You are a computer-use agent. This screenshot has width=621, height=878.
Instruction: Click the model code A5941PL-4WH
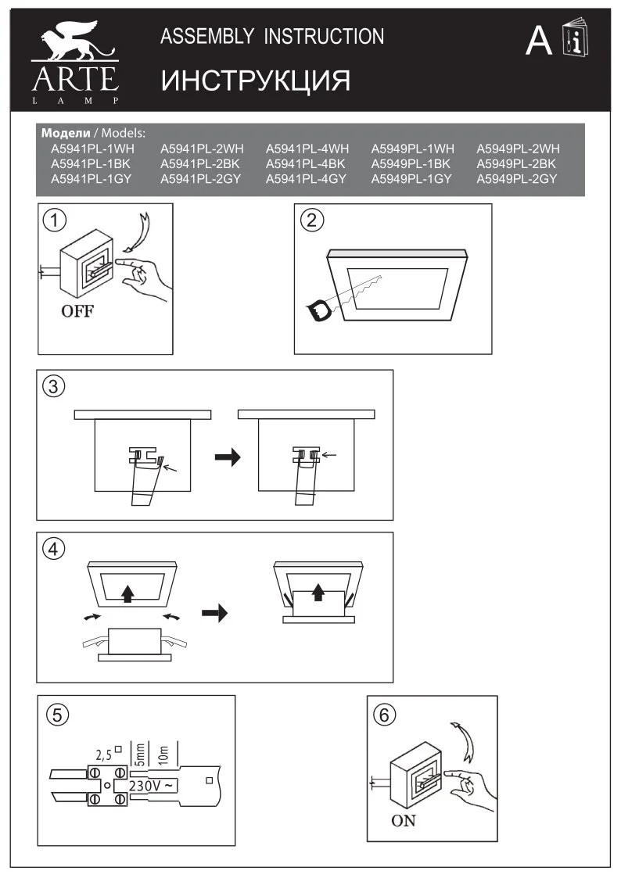[x=307, y=149]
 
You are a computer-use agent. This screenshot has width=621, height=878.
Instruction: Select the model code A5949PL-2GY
[x=517, y=179]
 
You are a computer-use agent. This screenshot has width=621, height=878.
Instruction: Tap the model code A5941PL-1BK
[x=90, y=163]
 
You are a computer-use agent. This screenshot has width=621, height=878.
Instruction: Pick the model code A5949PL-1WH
[x=412, y=149]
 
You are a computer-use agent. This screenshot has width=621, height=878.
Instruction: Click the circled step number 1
[x=54, y=220]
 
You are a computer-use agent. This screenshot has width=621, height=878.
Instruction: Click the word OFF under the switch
[x=77, y=312]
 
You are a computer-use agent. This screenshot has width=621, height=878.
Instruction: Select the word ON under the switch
[x=404, y=821]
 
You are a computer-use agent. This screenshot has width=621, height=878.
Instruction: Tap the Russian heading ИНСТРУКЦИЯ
[x=255, y=80]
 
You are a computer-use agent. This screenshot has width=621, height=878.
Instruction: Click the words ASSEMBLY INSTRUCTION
[x=271, y=37]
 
